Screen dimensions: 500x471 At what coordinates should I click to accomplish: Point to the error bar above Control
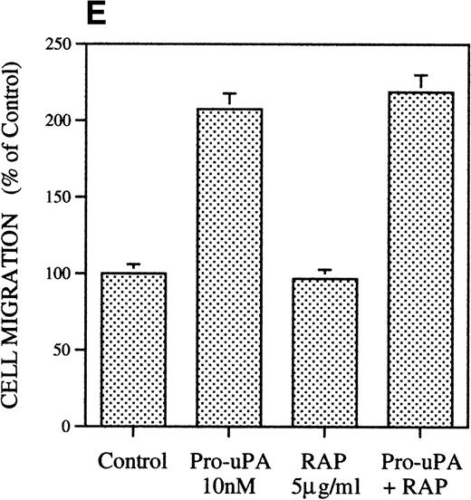pos(133,266)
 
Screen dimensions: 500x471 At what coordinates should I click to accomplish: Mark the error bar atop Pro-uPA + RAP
pos(419,82)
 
